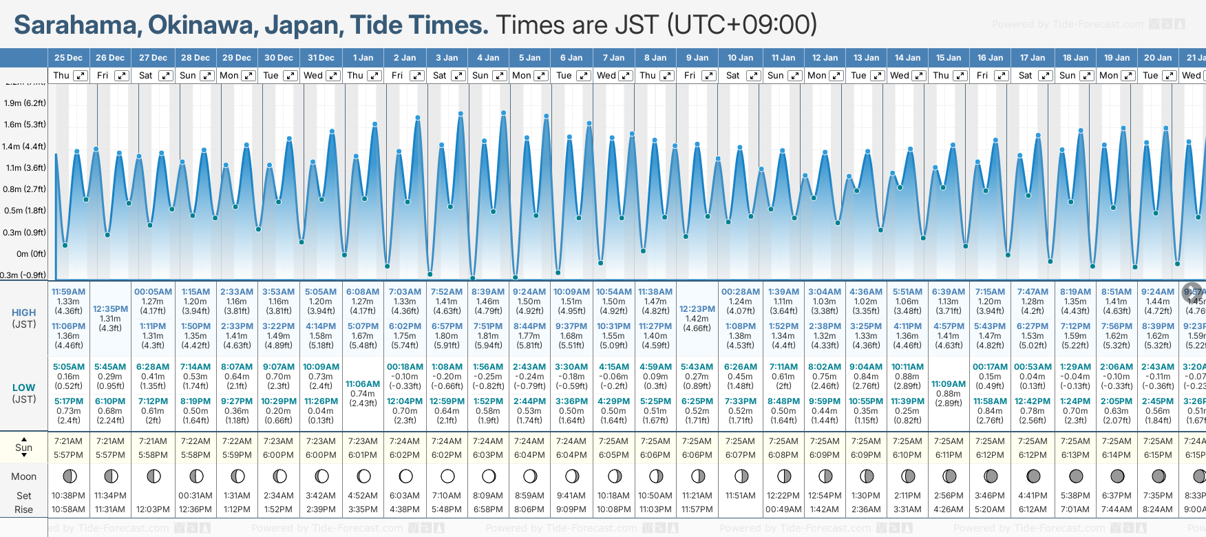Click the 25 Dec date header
(x=68, y=58)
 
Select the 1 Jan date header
(x=363, y=58)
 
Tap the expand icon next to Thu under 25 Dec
(x=81, y=76)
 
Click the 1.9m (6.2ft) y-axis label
(x=25, y=103)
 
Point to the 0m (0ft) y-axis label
(x=31, y=254)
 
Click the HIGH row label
(x=23, y=313)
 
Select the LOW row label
(x=23, y=388)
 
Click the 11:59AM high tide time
(x=68, y=292)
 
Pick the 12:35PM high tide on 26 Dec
(x=110, y=309)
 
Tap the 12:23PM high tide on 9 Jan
(x=697, y=309)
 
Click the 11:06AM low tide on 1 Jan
(x=363, y=384)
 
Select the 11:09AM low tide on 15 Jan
(x=949, y=384)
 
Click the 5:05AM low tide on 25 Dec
(x=68, y=367)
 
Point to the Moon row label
(x=23, y=476)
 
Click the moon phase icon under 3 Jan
(x=447, y=476)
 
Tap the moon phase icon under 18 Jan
(x=1075, y=476)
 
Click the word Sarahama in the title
(x=76, y=25)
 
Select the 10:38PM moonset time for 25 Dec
(x=68, y=496)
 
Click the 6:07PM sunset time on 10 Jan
(x=740, y=455)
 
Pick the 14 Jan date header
(x=907, y=58)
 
